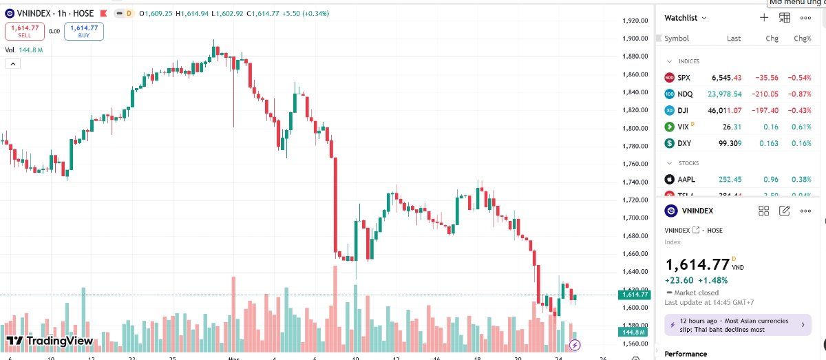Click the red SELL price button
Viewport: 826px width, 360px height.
tap(25, 31)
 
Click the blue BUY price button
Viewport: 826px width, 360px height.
tap(84, 31)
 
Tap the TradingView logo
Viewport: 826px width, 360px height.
tap(50, 341)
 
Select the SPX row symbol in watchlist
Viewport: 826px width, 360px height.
tap(684, 78)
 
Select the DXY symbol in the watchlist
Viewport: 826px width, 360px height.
tap(684, 143)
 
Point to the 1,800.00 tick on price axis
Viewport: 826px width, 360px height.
tap(634, 128)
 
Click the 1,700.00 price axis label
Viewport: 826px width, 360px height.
tap(634, 218)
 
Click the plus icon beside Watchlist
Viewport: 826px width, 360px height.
tap(764, 18)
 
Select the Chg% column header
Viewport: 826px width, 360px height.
tap(803, 39)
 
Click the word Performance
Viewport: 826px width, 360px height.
tap(686, 354)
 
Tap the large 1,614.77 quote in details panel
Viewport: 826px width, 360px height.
tap(697, 264)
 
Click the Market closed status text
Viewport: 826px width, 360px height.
tap(696, 293)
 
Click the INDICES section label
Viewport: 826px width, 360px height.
tap(688, 61)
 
